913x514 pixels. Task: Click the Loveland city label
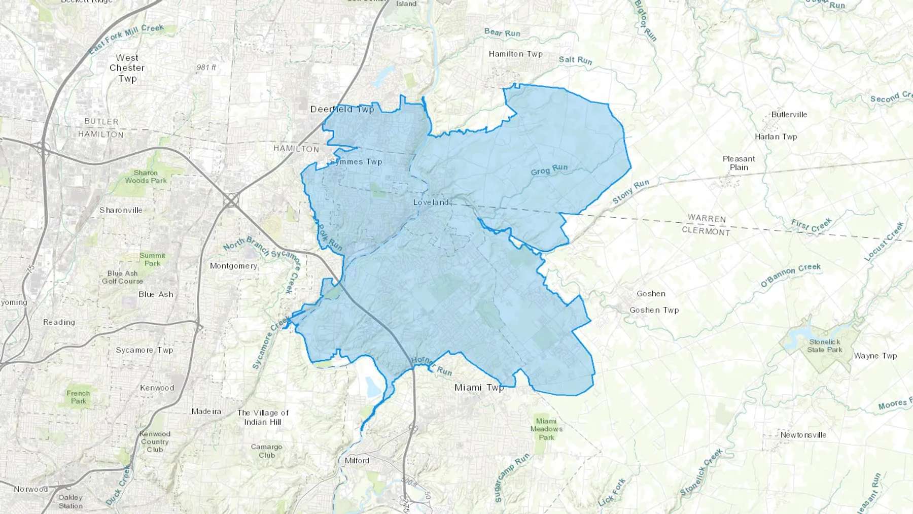[431, 202]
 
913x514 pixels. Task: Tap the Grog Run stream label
[549, 169]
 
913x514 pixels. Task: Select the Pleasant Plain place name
[739, 163]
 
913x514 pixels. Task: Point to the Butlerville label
[789, 115]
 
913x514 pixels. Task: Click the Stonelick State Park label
[824, 346]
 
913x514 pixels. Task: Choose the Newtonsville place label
[803, 435]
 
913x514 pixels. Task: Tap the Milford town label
[357, 461]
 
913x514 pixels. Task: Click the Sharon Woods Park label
[146, 177]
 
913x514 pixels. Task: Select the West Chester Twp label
[127, 68]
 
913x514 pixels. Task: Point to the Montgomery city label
[233, 266]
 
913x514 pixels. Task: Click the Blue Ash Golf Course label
[122, 277]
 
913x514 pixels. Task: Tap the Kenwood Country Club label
[155, 441]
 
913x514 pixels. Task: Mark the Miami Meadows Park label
[546, 429]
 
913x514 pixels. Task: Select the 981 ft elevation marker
[206, 67]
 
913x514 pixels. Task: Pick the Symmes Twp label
[356, 162]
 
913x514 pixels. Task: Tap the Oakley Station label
[71, 502]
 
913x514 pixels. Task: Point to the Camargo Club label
[266, 451]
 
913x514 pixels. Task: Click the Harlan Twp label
[776, 137]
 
